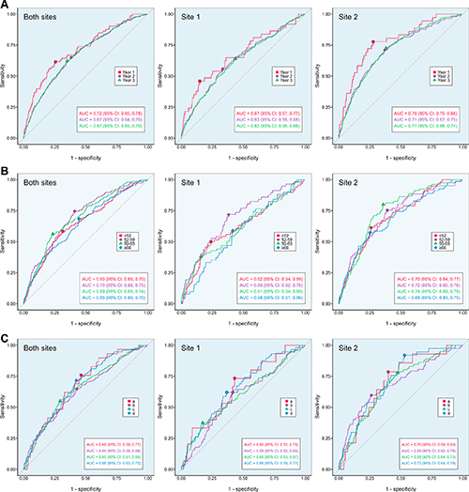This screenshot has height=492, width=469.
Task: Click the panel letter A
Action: [5, 5]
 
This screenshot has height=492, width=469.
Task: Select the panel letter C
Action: [5, 335]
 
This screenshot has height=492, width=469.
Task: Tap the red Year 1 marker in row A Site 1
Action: [198, 82]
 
